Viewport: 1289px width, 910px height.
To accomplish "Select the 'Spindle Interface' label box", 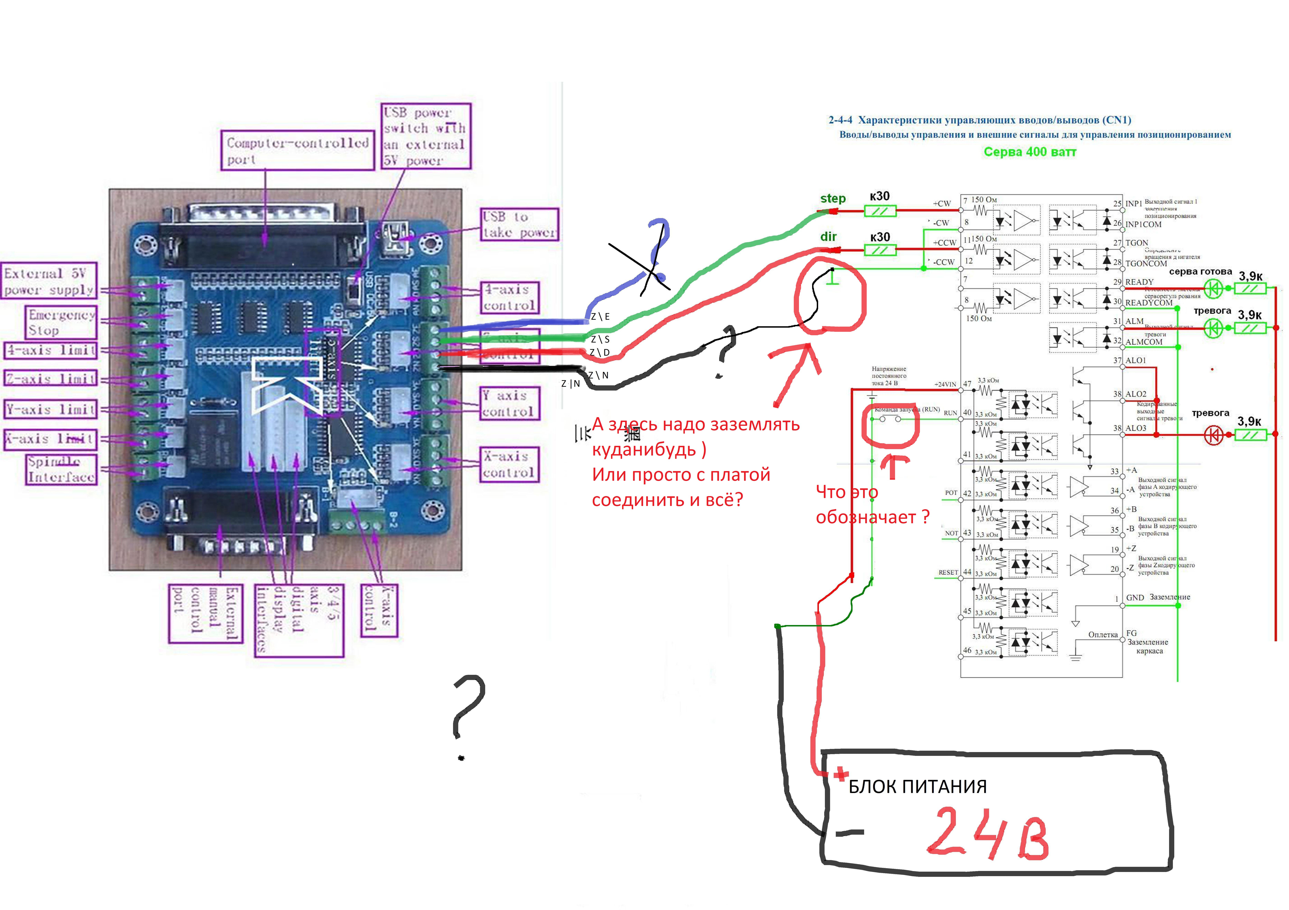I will [62, 469].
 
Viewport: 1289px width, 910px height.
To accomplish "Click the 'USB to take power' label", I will [519, 224].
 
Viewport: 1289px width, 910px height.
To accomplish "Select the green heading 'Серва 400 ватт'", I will [1030, 152].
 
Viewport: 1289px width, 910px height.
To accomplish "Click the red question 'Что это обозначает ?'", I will [872, 504].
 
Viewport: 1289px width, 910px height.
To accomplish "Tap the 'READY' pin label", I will [1139, 282].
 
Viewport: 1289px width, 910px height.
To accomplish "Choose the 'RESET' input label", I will [948, 573].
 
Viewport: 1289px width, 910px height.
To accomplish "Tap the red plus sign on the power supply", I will [840, 775].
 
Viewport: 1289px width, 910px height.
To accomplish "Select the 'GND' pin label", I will [1135, 598].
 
